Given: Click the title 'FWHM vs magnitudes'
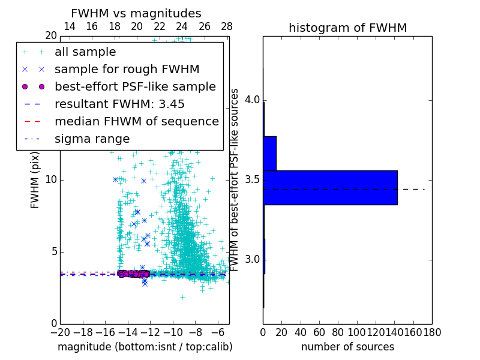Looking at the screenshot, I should pos(136,14).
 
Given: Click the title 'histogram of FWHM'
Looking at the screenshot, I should pos(347,28).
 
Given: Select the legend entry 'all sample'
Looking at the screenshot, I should pos(85,52).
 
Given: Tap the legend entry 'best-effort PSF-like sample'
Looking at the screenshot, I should pos(135,86).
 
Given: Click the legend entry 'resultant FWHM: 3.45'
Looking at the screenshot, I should pos(119,104).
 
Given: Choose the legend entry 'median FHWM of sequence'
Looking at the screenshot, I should pos(136,121).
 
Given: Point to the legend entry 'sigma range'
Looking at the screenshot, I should pos(92,139).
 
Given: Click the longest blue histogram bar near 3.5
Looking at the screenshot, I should pos(330,188).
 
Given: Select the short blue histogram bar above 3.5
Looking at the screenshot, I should pos(269,153).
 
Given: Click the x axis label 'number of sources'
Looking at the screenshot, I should pos(347,347).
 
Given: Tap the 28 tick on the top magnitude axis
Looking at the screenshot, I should pos(227,26).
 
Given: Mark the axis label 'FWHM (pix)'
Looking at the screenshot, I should pos(35,180).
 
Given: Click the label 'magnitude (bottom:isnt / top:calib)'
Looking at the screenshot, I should pos(145,347).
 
